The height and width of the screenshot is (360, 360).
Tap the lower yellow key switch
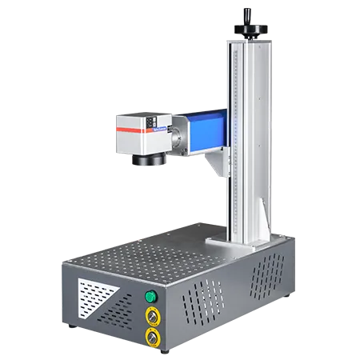tap(150, 337)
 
